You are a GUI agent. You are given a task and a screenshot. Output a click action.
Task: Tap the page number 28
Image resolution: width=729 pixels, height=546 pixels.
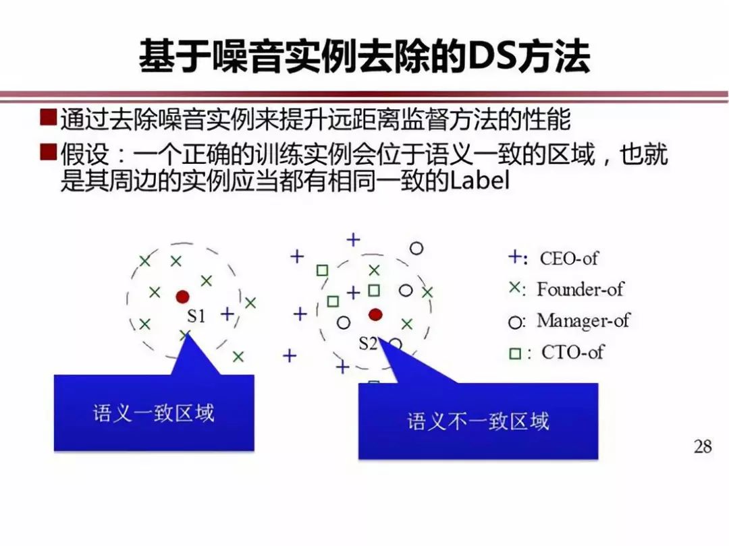[703, 446]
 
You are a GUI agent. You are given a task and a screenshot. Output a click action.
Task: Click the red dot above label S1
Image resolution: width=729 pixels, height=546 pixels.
[182, 297]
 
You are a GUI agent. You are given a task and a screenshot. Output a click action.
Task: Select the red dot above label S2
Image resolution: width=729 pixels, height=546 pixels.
[376, 314]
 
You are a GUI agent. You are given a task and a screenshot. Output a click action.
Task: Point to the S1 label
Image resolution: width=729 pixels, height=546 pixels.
[196, 315]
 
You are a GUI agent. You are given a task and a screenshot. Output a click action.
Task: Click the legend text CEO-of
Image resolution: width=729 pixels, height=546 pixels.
[568, 258]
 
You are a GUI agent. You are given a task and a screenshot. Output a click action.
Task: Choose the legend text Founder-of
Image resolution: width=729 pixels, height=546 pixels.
[580, 289]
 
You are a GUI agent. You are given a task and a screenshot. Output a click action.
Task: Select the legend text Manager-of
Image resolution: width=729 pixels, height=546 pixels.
[583, 320]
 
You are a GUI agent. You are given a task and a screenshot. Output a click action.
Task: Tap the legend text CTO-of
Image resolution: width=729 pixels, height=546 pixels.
[572, 351]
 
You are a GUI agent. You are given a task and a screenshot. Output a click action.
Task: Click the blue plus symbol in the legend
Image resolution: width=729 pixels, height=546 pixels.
[514, 257]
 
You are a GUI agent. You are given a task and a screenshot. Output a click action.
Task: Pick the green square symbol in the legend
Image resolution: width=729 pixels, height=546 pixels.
[515, 353]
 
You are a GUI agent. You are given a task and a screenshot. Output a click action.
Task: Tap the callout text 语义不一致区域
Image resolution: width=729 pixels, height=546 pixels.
[478, 422]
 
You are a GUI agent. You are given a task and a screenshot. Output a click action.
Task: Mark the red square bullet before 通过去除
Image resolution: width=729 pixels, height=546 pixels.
[48, 119]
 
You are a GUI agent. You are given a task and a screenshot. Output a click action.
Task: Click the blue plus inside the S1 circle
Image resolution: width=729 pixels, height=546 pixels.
[227, 313]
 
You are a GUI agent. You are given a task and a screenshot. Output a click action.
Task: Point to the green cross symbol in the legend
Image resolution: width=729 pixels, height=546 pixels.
[514, 288]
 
